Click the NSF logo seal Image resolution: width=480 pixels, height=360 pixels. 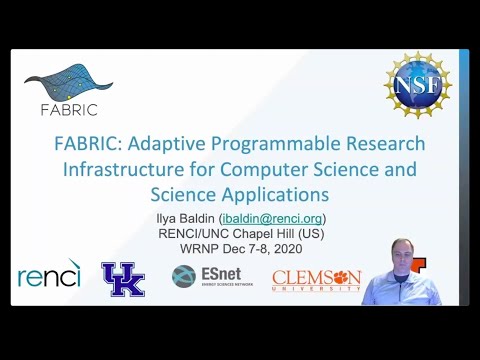click(417, 85)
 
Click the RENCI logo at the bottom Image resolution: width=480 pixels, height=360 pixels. click(49, 275)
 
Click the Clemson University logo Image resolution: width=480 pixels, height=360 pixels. click(316, 279)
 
